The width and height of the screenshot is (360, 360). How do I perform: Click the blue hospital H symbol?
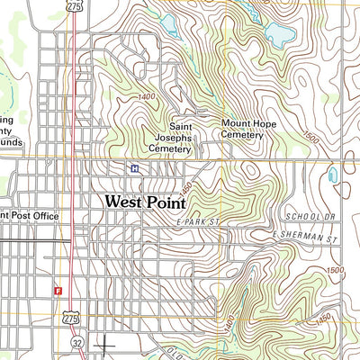134,168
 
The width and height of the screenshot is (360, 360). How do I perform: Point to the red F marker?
58,291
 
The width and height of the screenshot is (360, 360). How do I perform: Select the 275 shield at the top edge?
74,5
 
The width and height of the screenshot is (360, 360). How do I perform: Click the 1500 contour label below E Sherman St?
336,270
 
